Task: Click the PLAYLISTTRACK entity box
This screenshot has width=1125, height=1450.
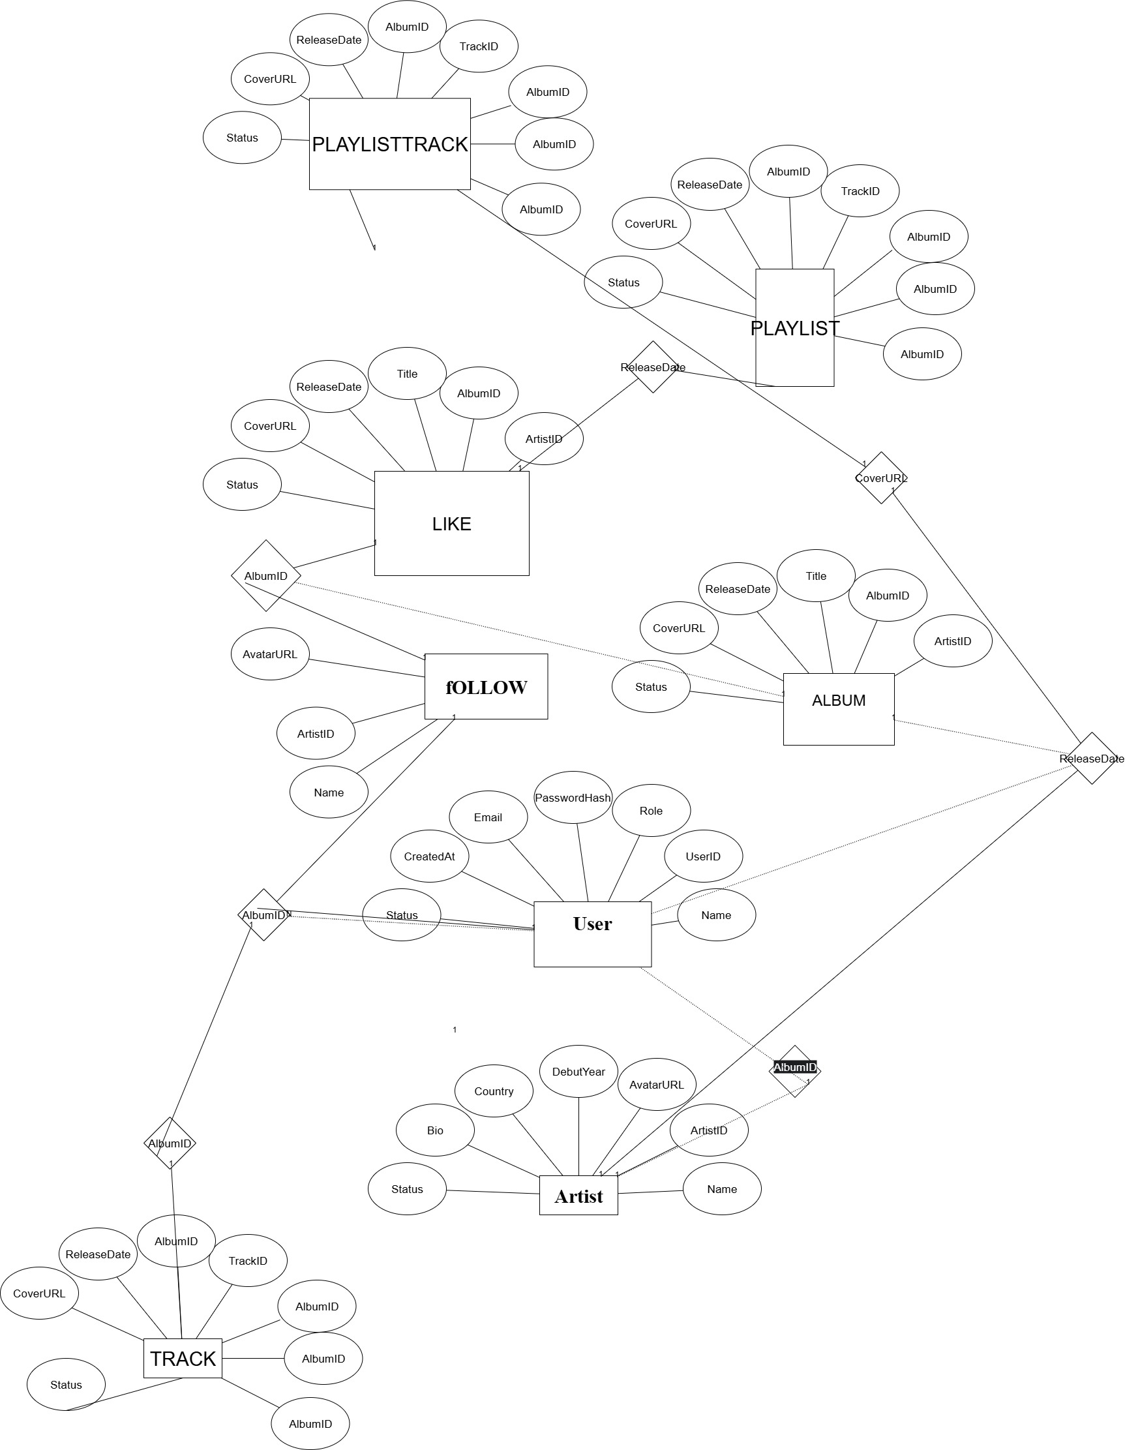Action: pos(389,144)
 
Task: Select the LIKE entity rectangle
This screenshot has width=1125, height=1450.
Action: pos(451,524)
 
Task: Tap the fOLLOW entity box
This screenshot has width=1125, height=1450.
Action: pos(486,686)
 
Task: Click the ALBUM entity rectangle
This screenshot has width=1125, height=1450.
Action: pos(838,709)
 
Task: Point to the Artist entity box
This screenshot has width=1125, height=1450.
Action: pos(578,1196)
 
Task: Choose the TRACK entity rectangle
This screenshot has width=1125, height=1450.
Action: pos(183,1359)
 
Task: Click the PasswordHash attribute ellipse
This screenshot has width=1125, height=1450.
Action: pos(573,797)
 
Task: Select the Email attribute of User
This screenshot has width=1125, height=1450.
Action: pos(488,817)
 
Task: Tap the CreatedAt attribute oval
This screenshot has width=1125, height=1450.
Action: pos(429,856)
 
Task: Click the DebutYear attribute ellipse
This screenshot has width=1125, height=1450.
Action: pos(578,1072)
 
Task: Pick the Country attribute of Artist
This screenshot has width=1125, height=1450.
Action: pos(493,1091)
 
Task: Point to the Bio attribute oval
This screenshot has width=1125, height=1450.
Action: pos(435,1130)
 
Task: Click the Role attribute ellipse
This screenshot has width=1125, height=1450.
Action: pos(650,811)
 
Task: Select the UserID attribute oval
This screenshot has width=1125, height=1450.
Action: pos(703,856)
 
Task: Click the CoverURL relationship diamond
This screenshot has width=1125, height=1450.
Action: pos(880,478)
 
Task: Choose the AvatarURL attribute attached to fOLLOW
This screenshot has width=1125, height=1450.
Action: pos(269,654)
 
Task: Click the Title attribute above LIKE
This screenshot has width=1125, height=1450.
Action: pos(407,374)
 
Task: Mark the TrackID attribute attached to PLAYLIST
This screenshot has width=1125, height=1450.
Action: pos(860,191)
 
